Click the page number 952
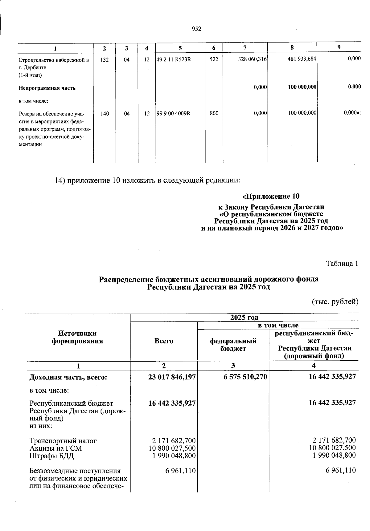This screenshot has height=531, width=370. click(x=196, y=29)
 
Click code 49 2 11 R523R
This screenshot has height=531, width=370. click(x=174, y=59)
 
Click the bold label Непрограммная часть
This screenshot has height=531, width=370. click(x=47, y=88)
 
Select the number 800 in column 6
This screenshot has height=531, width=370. click(x=214, y=113)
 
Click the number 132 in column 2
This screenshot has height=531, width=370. click(x=105, y=59)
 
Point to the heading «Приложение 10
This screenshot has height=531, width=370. click(x=271, y=196)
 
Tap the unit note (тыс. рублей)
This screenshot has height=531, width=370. click(x=335, y=302)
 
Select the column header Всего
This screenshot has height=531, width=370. click(x=164, y=341)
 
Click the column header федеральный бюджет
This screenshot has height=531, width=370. click(x=233, y=345)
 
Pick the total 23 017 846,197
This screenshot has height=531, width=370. click(x=172, y=376)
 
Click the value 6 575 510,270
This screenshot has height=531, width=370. click(x=245, y=376)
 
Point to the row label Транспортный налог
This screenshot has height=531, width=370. click(x=63, y=441)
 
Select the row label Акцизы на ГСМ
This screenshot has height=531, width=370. click(x=56, y=448)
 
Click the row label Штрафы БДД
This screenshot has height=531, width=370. click(x=52, y=456)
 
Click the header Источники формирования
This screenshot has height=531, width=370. click(x=77, y=337)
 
